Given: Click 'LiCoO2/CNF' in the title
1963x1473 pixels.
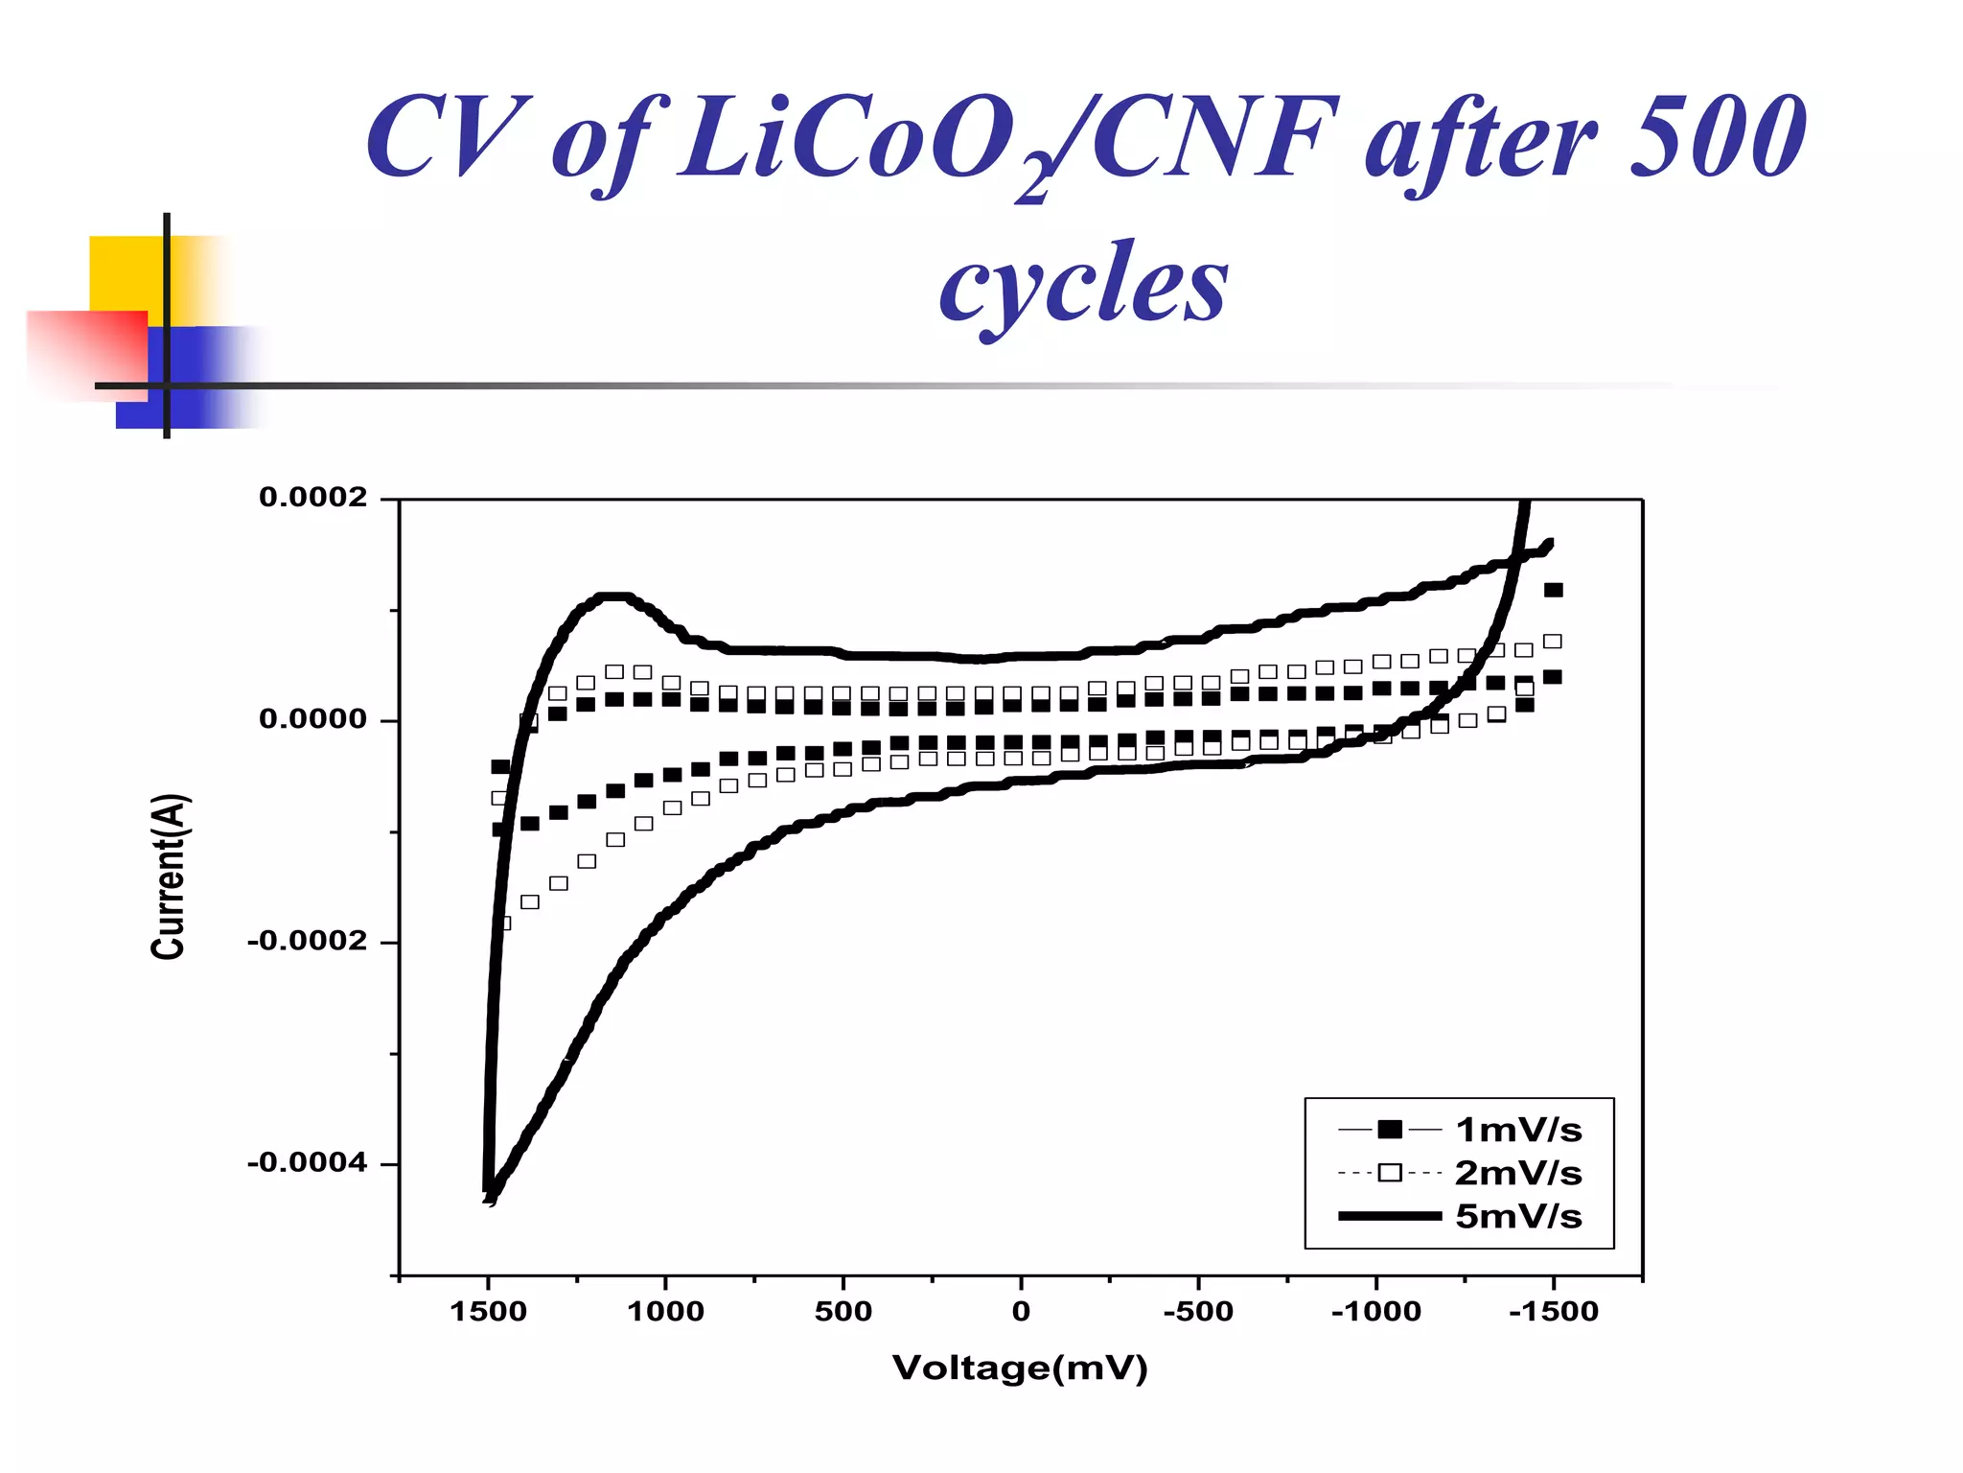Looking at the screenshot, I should tap(1006, 139).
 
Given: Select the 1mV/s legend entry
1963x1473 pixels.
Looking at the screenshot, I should tap(1517, 1130).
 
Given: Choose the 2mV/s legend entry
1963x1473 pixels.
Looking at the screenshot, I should tap(1517, 1173).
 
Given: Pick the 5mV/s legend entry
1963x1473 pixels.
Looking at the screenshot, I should tap(1517, 1216).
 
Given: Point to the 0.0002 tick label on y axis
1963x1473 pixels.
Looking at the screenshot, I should tap(312, 498).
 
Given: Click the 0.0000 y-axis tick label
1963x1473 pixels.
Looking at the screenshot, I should tap(312, 719).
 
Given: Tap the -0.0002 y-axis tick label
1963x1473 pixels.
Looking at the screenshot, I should tap(307, 941).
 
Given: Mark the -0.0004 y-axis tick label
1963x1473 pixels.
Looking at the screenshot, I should tap(307, 1163).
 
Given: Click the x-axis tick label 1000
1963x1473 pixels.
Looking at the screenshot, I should tap(665, 1311).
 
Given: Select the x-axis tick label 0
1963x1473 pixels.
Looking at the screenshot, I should tap(1021, 1311).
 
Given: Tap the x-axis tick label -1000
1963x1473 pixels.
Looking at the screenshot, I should tap(1375, 1311).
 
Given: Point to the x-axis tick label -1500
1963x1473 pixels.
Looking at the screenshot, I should tap(1553, 1311).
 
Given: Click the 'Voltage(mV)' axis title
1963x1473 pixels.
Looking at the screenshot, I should tap(1020, 1368).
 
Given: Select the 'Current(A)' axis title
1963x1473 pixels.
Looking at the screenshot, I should tap(169, 876).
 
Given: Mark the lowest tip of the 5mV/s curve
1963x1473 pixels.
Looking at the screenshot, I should tap(490, 1198).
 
